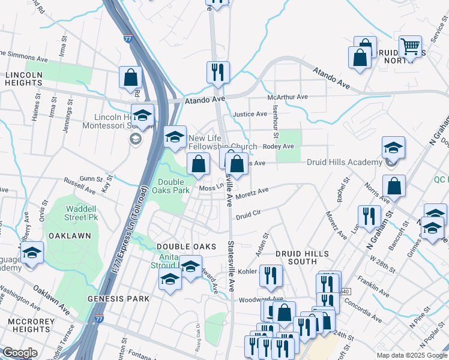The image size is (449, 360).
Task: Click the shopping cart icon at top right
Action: [x=411, y=46]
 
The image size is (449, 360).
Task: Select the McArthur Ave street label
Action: [x=288, y=97]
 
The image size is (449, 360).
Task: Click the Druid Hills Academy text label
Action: [x=344, y=162]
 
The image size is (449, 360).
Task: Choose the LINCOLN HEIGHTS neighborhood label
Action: [x=24, y=79]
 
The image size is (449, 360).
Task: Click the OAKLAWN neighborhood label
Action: [x=70, y=236]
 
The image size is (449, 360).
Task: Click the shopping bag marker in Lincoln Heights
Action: [x=130, y=77]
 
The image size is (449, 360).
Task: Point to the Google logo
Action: [x=20, y=353]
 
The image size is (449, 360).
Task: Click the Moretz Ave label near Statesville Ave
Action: [x=252, y=194]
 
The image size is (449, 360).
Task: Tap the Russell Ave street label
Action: [x=80, y=183]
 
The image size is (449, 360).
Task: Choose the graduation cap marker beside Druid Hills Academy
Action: [x=393, y=148]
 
